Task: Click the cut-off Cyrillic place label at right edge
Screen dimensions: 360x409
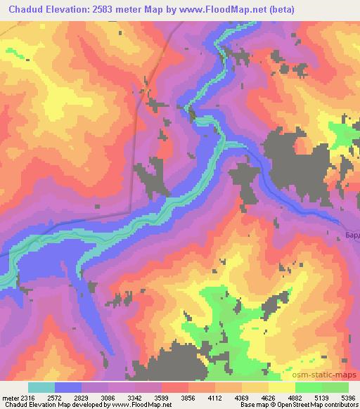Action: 352,234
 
